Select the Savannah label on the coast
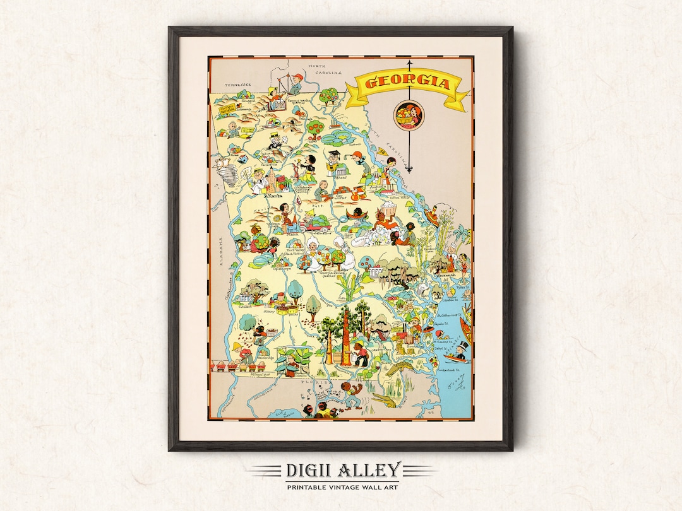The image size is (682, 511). coord(441,274)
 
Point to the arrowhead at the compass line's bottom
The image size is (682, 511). coord(409,169)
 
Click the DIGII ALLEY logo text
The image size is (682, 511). coord(342,470)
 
